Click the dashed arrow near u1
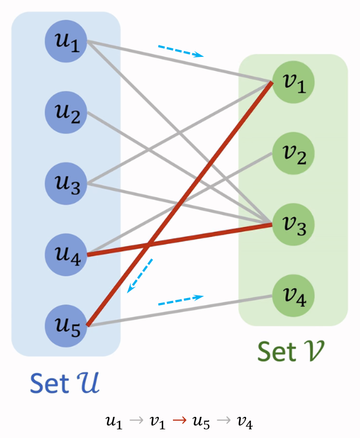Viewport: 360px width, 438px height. pos(181,51)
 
